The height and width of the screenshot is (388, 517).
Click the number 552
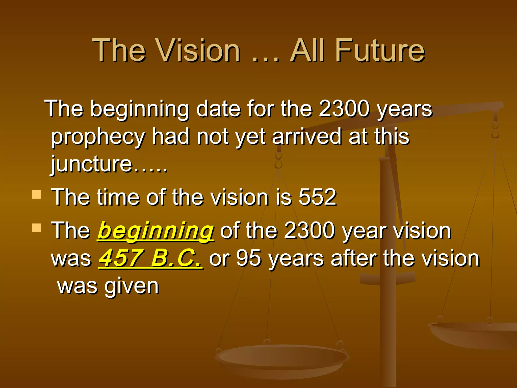pyautogui.click(x=317, y=197)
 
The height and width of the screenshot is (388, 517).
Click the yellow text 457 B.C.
pyautogui.click(x=150, y=258)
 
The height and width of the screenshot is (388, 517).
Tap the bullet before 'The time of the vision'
pyautogui.click(x=37, y=195)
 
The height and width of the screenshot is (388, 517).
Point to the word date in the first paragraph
pyautogui.click(x=218, y=109)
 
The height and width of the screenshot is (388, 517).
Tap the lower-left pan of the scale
pyautogui.click(x=281, y=359)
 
